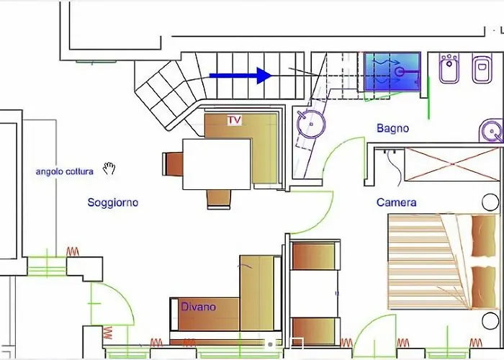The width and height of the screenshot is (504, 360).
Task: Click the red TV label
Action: coord(234,120)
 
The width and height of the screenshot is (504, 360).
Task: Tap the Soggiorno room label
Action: coord(113,202)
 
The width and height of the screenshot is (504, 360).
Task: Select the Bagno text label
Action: coord(393,128)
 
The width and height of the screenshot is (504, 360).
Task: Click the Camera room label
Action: coord(396,202)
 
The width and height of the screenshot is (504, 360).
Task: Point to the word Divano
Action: coord(198,307)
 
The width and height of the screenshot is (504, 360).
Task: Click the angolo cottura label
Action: coord(65,171)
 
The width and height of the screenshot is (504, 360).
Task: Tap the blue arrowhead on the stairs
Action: coord(264,76)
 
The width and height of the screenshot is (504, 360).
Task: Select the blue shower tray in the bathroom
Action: coord(392,72)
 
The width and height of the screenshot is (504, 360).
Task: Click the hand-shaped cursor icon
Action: coord(109,168)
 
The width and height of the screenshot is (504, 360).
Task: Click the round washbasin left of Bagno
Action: coord(311,124)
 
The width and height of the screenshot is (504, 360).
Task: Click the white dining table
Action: coord(217,164)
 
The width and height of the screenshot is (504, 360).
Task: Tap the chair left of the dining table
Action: coord(173,164)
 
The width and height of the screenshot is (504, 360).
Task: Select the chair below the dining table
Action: coord(219,199)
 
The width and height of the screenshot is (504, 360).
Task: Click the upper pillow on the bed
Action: coord(483,236)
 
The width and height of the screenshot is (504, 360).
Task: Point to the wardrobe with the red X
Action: coord(452,164)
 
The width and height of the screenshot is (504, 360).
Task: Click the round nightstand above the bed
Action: coord(490,202)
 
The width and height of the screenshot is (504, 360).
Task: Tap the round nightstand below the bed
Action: coord(490,321)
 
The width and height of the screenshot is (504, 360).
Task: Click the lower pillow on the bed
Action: coord(483,287)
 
